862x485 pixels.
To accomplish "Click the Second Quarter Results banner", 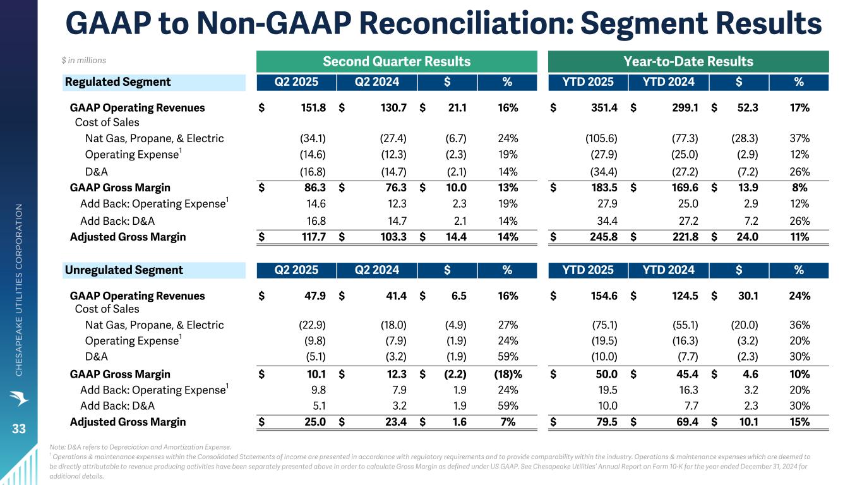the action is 397,61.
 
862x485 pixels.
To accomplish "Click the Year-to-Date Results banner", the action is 688,61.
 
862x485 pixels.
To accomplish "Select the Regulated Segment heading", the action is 117,82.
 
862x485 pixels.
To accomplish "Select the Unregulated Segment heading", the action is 124,270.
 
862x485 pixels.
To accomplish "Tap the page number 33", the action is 19,429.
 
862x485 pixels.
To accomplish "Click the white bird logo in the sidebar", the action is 19,398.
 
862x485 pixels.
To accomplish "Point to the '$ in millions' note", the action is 83,61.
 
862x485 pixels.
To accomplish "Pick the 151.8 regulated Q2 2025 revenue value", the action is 313,108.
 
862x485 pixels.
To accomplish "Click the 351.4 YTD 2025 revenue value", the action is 604,108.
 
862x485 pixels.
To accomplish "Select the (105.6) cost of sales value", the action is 601,138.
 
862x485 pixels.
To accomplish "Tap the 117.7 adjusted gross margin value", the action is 314,237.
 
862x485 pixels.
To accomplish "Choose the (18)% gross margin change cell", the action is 508,374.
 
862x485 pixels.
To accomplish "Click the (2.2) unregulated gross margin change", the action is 455,374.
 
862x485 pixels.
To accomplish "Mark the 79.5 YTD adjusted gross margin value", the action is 607,422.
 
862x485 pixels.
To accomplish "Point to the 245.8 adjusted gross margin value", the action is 604,237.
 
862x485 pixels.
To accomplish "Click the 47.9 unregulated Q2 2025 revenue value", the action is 314,296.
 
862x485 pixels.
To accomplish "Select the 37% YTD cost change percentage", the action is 799,138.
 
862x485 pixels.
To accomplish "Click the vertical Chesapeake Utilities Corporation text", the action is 19,290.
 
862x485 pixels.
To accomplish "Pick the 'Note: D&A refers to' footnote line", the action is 140,447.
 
